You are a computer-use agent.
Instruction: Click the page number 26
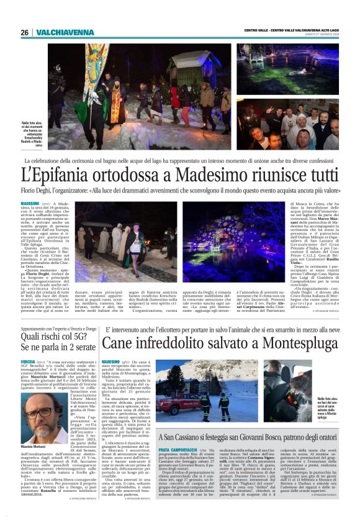coord(24,32)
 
